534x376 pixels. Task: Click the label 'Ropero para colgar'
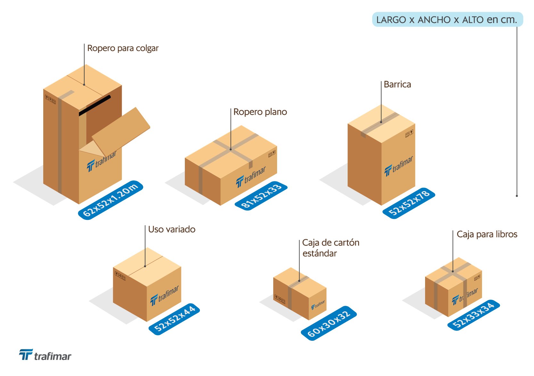pos(123,48)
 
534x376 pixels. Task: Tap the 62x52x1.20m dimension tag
pos(111,200)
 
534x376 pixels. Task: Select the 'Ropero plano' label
pos(260,112)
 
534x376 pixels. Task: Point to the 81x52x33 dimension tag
pos(261,196)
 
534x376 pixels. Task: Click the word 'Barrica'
pos(397,84)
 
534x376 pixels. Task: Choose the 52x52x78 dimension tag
pos(409,203)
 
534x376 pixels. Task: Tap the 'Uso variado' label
pos(172,229)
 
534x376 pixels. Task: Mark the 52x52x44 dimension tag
pos(174,319)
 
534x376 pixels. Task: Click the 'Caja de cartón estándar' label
pos(331,248)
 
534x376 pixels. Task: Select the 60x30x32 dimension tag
pos(329,323)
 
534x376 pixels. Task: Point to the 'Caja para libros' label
pos(487,234)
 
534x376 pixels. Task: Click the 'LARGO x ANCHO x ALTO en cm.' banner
pos(447,20)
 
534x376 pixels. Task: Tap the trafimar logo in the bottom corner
pos(45,355)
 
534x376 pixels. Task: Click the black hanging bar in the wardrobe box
pos(95,105)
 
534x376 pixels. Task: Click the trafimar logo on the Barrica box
pos(399,166)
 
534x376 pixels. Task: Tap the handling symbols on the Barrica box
pos(409,133)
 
